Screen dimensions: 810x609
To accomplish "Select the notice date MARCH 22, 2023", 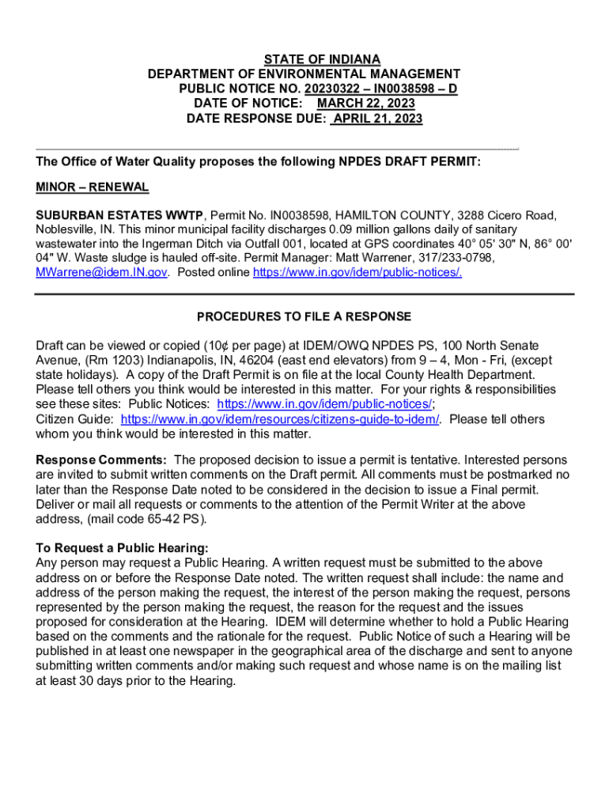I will [365, 104].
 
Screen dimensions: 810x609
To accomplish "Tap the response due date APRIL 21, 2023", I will [377, 119].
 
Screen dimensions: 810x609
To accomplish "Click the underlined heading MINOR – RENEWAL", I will [92, 187].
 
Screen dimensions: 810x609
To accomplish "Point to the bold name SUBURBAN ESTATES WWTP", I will [120, 215].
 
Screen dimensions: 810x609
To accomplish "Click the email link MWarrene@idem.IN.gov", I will [101, 272].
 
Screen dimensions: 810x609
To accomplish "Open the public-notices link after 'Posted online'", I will [357, 272].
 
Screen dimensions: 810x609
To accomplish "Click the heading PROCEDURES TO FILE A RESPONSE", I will [304, 317].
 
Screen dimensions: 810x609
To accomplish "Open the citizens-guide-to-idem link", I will [280, 419].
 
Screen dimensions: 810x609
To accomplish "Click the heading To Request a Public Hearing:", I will [123, 548].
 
